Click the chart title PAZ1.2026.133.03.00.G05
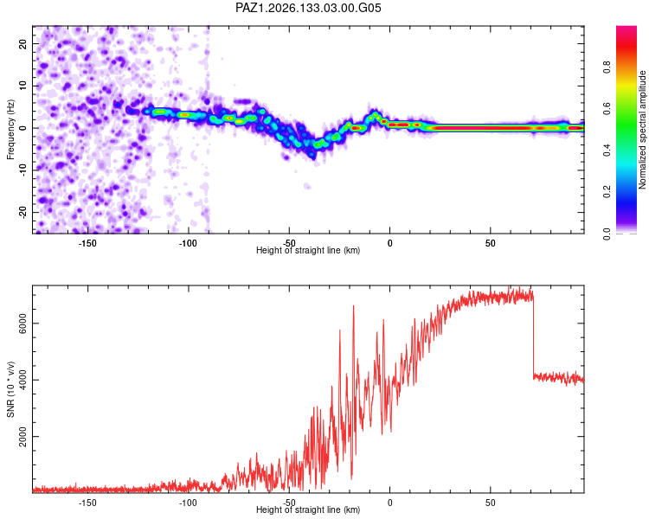[x=308, y=8]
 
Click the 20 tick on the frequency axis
[x=23, y=43]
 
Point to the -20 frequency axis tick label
[x=23, y=212]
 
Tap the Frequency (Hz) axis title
[x=10, y=130]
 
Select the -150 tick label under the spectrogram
[x=87, y=243]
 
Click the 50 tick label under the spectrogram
[x=491, y=243]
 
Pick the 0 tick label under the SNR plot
[x=389, y=503]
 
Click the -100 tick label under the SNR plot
[x=188, y=503]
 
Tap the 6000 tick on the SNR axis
[x=23, y=324]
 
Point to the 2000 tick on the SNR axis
[x=23, y=437]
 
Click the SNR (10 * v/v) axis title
[x=10, y=389]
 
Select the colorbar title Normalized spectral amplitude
[x=642, y=130]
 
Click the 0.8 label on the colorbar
[x=607, y=67]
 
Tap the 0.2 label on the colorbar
[x=607, y=192]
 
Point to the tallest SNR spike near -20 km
[x=353, y=306]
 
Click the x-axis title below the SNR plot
[x=308, y=509]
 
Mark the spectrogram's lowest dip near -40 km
[x=313, y=157]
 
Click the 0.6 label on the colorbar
[x=607, y=108]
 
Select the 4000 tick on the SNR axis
[x=23, y=380]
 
